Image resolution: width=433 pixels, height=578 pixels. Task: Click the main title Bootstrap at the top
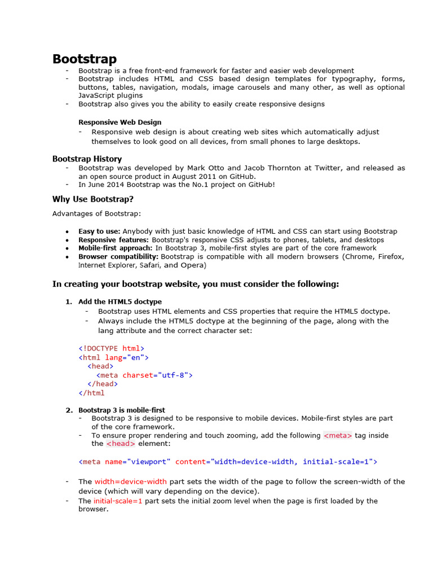[85, 59]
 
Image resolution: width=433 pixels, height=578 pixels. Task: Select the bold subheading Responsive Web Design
[120, 122]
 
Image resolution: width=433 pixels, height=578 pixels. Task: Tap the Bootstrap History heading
[87, 159]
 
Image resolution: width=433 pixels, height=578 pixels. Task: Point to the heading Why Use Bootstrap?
[93, 199]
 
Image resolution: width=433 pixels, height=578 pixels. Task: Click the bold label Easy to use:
[99, 231]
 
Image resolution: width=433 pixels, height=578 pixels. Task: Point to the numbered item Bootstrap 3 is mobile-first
[122, 410]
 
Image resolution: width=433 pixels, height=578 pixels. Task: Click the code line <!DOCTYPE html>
[111, 349]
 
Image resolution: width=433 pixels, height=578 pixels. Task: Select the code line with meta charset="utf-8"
[144, 375]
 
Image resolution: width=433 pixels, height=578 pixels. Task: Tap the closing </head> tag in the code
[103, 384]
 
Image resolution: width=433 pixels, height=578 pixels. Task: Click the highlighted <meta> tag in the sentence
[338, 435]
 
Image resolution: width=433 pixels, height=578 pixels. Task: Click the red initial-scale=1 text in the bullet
[118, 501]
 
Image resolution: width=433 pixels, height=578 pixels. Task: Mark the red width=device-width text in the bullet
[130, 481]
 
